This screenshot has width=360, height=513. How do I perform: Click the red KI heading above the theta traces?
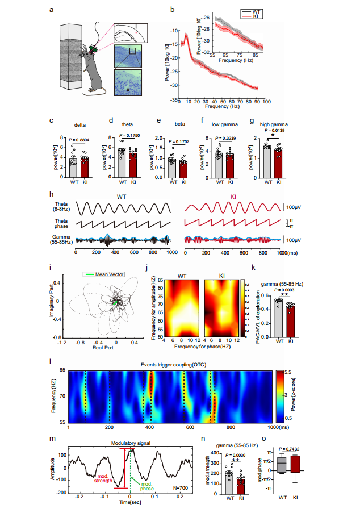tap(234, 197)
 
